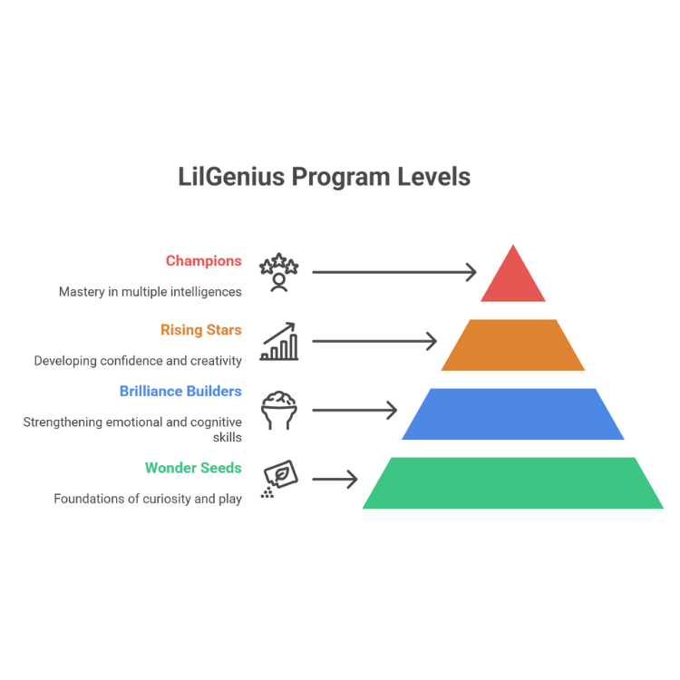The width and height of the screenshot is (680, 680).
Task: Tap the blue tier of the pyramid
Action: [x=514, y=413]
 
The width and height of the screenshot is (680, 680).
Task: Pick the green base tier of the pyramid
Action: [x=514, y=482]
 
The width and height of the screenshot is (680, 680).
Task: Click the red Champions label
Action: [x=204, y=261]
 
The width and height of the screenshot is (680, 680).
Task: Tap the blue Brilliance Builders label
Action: [x=181, y=392]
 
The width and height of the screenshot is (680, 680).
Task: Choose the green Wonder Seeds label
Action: [x=193, y=469]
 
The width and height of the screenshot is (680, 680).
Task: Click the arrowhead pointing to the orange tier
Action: [x=433, y=341]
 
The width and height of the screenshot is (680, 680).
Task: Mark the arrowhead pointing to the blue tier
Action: [x=393, y=410]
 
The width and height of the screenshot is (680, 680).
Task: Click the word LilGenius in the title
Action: [x=229, y=176]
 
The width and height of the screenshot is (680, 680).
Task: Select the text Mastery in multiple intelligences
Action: [x=151, y=292]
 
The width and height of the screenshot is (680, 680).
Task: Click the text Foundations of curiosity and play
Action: [x=148, y=499]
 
